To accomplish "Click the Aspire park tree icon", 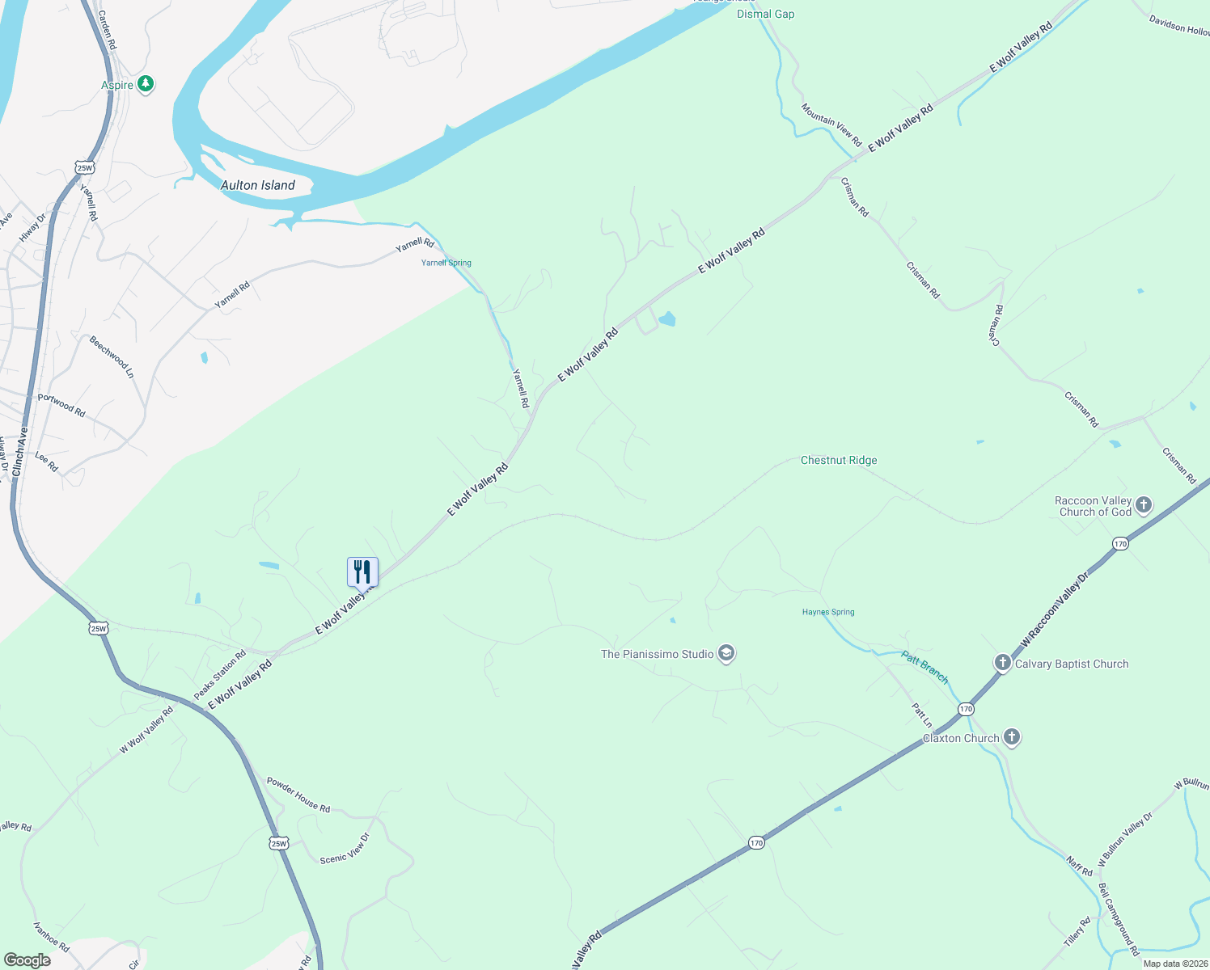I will (x=146, y=83).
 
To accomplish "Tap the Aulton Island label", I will (x=258, y=185).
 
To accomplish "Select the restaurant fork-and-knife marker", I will (x=362, y=572).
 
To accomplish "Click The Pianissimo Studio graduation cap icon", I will (x=726, y=654).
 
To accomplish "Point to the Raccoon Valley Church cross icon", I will (x=1143, y=506).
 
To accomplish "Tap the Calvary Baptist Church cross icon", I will (x=1002, y=664).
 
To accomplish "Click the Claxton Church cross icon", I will (x=1011, y=737).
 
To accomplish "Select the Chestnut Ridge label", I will (x=839, y=460).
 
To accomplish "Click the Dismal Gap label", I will (x=765, y=14).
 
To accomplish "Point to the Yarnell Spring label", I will (x=446, y=263).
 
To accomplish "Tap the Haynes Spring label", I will (x=828, y=612).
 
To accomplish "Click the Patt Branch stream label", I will (x=924, y=668).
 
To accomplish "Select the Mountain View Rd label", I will (x=831, y=124).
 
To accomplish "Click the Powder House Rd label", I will (x=298, y=795).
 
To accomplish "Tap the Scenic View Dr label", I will (x=345, y=848).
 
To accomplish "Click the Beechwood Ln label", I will (x=112, y=356).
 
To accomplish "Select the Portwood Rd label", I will (x=61, y=405).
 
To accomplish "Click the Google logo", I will (x=27, y=960).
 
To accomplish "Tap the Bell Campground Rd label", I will (x=1119, y=919).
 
